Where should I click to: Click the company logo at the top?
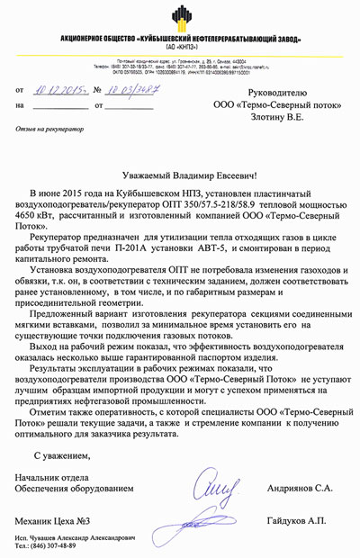(x=180, y=17)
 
